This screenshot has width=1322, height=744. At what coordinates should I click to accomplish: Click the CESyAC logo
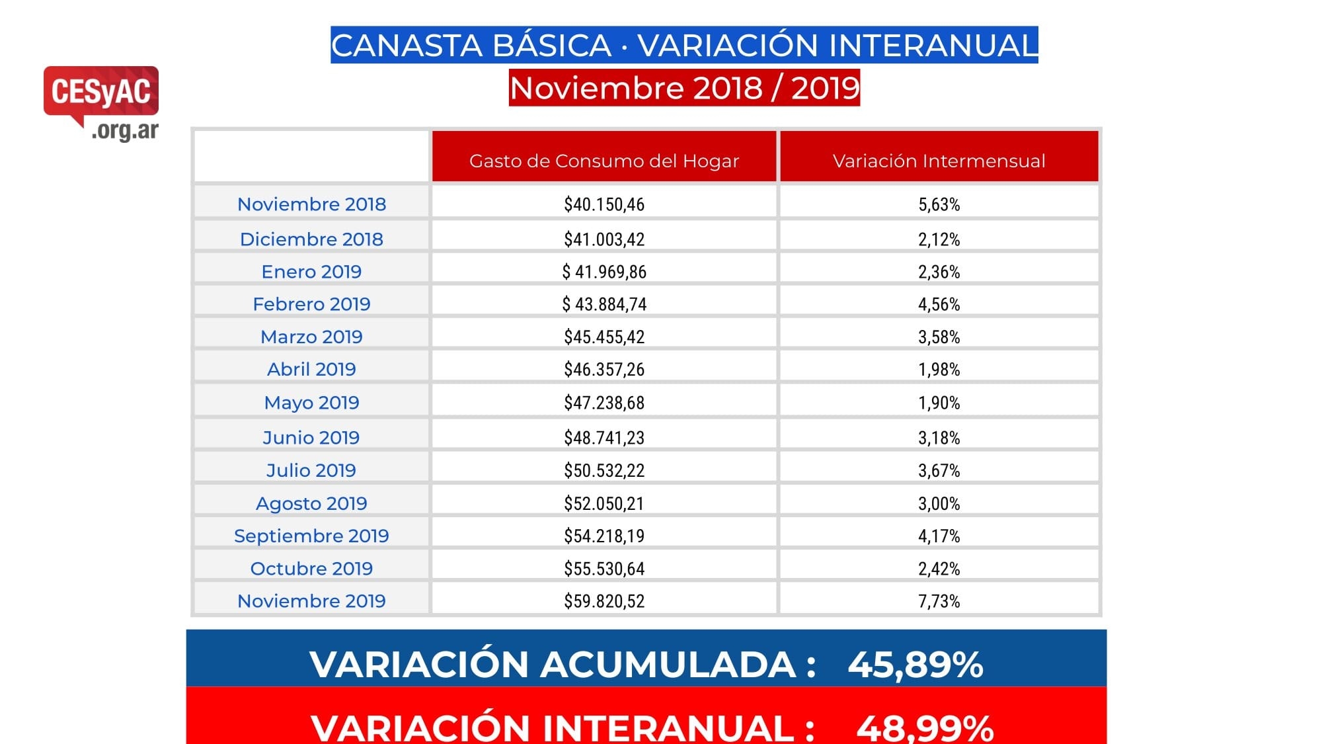click(101, 99)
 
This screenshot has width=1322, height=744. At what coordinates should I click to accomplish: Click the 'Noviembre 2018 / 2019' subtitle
click(684, 88)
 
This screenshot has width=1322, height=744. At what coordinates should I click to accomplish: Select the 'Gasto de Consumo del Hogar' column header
click(603, 161)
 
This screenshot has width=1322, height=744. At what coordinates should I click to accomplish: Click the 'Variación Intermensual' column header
click(939, 161)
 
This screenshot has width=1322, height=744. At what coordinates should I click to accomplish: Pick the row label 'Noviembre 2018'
click(311, 204)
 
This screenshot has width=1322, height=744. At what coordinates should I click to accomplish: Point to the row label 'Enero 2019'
click(311, 272)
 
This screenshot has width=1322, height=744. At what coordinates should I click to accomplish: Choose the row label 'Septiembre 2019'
click(311, 536)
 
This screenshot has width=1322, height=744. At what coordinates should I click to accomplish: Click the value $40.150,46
click(603, 204)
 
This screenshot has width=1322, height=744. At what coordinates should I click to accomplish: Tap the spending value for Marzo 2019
click(603, 337)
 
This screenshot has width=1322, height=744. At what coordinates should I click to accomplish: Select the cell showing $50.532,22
click(603, 470)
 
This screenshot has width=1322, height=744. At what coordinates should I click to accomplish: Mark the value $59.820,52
click(603, 601)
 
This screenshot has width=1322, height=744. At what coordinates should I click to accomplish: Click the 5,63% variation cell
click(939, 204)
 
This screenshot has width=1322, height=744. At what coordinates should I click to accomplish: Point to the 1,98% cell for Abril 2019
click(939, 369)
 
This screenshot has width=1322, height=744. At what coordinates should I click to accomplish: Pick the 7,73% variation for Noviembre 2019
click(939, 601)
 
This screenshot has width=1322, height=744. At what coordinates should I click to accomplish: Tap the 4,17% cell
click(939, 536)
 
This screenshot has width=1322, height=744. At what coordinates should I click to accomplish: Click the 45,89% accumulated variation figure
click(915, 664)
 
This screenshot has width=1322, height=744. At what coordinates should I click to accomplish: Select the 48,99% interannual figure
click(924, 727)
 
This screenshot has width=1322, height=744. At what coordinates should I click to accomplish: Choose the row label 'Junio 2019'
click(311, 438)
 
